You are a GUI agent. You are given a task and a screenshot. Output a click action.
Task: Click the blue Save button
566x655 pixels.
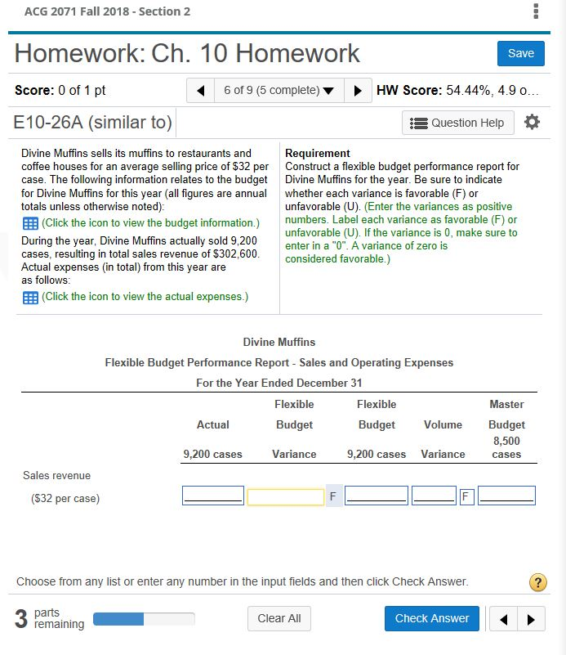click(520, 53)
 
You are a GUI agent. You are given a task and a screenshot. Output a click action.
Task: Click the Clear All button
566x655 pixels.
click(279, 618)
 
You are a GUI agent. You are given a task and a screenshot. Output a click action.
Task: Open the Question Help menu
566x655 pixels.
click(458, 123)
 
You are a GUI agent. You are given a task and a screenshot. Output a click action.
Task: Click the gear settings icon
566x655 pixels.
click(532, 123)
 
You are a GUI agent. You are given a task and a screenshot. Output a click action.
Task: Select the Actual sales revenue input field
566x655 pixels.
click(212, 496)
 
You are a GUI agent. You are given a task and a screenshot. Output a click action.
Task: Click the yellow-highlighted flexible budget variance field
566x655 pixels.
click(285, 496)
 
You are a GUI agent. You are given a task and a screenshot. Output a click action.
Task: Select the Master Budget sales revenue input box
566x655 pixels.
click(506, 496)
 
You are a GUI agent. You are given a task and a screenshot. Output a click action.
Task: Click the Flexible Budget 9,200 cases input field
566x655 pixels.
click(376, 496)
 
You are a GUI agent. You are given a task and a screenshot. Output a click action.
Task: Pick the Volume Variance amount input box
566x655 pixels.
click(434, 496)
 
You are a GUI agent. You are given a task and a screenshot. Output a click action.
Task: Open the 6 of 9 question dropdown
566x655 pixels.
click(279, 89)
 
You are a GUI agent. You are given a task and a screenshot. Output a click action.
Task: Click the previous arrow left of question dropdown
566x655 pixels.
click(198, 89)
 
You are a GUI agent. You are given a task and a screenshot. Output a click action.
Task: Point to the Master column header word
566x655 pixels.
click(506, 404)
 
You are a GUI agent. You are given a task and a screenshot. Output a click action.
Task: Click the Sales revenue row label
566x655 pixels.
click(57, 475)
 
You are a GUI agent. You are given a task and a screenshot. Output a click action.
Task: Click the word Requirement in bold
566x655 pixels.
click(318, 153)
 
